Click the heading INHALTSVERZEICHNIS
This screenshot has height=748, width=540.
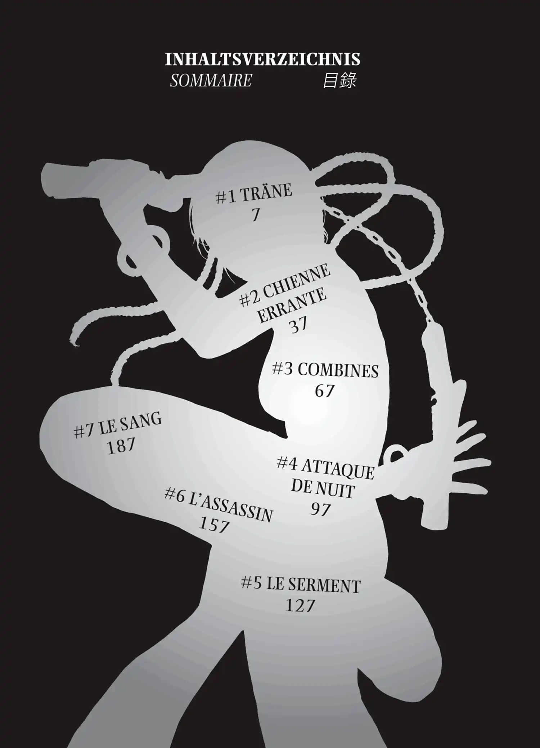(x=262, y=59)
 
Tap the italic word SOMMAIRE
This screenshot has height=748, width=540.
(x=211, y=81)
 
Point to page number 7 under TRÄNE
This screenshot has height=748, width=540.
(x=255, y=215)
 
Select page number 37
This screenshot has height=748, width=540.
(x=298, y=326)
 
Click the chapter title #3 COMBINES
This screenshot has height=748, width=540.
(x=325, y=370)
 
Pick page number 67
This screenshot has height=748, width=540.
(x=325, y=391)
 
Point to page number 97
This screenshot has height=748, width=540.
(x=320, y=509)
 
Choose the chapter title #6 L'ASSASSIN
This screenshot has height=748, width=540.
(x=219, y=504)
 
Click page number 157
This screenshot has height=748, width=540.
(x=214, y=525)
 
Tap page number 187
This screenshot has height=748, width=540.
(x=121, y=446)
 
